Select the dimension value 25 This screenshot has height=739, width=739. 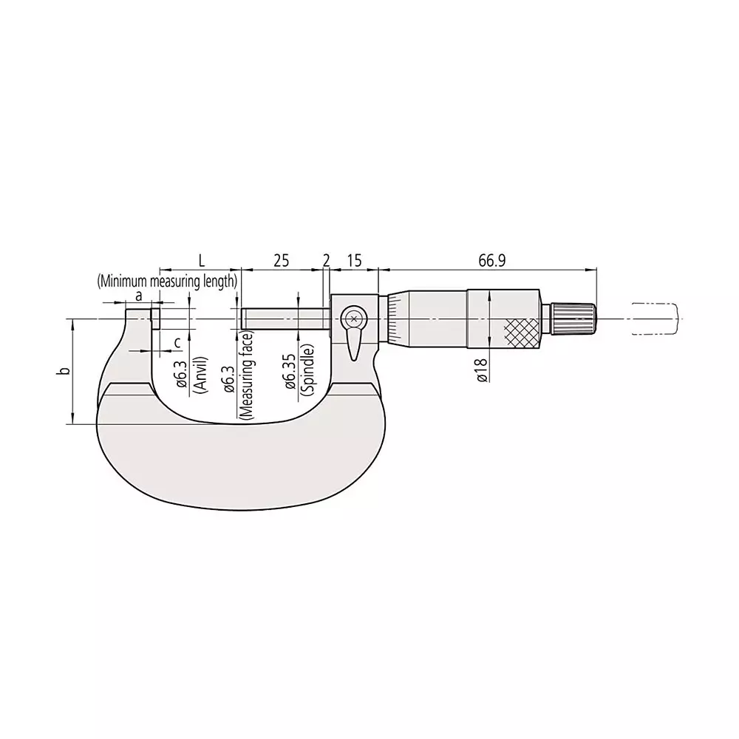click(282, 260)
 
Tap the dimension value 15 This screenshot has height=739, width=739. click(353, 260)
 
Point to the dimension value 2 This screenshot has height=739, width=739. click(326, 260)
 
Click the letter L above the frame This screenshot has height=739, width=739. click(201, 260)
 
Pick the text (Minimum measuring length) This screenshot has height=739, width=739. click(167, 281)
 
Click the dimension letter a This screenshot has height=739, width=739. click(138, 295)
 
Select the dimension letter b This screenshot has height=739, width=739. click(65, 371)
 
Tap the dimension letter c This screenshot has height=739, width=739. click(177, 342)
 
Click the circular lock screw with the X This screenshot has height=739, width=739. click(354, 319)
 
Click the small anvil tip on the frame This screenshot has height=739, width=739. click(155, 319)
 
